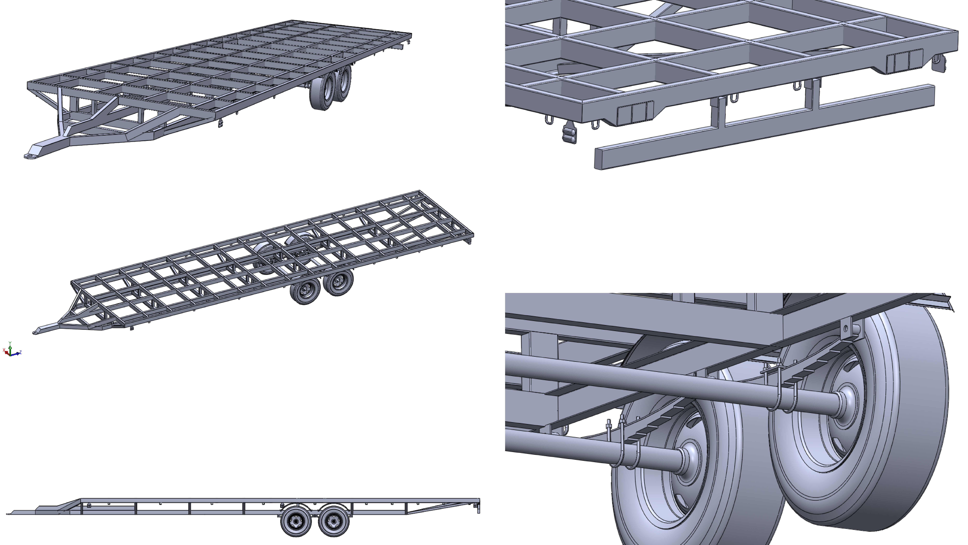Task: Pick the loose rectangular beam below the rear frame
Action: pos(763,128)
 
